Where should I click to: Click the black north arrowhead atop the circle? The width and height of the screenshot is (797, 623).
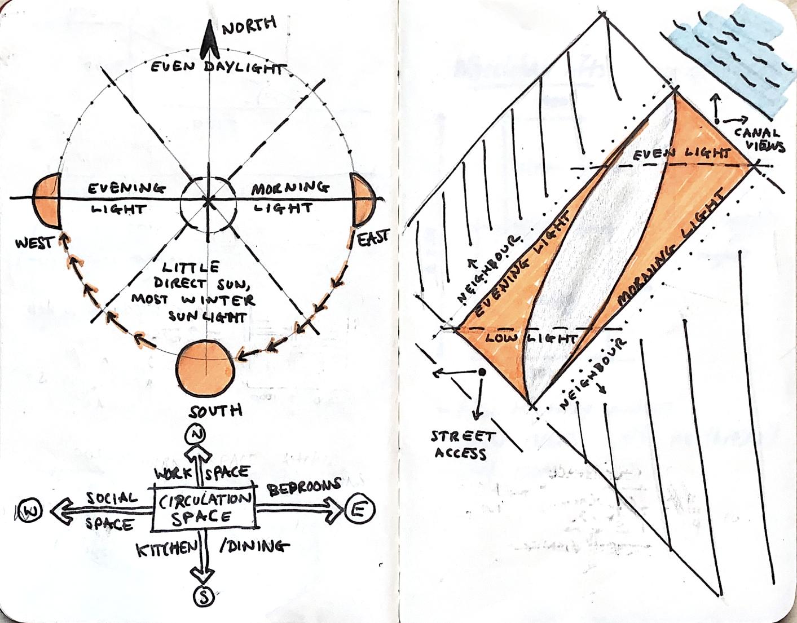(209, 39)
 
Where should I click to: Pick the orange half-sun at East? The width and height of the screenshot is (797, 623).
(362, 200)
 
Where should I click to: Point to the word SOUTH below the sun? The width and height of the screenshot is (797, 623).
(217, 410)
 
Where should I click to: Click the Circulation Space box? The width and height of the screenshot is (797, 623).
(204, 509)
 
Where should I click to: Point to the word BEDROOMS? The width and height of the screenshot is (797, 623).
(305, 487)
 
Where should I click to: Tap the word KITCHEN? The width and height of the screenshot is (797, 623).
(167, 549)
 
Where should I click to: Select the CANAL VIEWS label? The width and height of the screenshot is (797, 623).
(764, 140)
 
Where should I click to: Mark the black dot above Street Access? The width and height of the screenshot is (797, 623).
(482, 372)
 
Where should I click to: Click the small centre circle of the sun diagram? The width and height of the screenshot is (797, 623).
(208, 200)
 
